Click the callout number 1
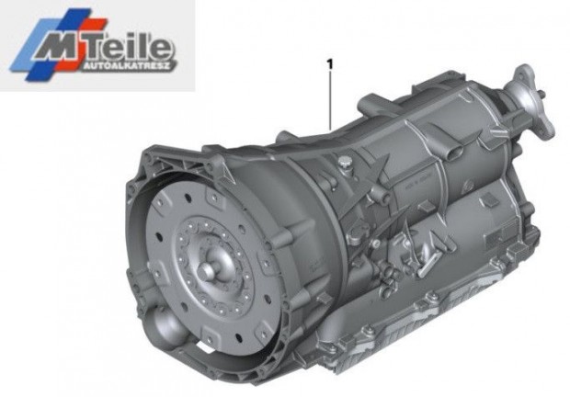pos(330,64)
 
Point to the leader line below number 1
pos(330,100)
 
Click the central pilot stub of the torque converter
pos(208,270)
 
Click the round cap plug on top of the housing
pos(344,163)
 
